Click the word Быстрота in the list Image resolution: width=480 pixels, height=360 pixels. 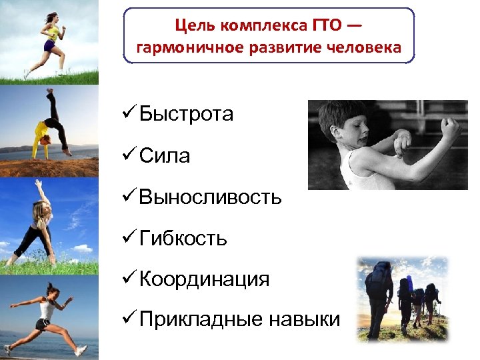(x=186, y=115)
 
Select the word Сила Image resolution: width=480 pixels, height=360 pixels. (x=165, y=156)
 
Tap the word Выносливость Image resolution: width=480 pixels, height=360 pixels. (x=211, y=197)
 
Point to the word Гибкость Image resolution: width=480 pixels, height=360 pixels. (x=183, y=239)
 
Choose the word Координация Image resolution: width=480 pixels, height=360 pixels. (x=205, y=279)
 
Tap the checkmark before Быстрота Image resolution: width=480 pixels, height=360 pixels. (x=130, y=114)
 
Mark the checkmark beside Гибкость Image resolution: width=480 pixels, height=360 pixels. (x=130, y=238)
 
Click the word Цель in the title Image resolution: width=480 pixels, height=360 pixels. (x=193, y=25)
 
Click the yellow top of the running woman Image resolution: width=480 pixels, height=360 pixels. (x=51, y=30)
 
